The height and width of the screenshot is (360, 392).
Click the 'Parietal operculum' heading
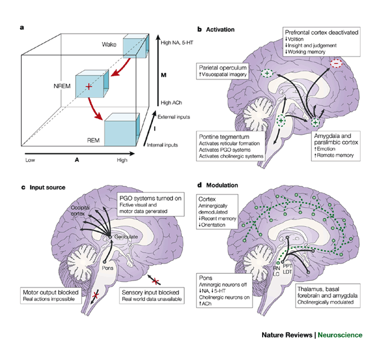(x=225, y=67)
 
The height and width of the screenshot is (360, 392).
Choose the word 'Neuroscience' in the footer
(x=344, y=335)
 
